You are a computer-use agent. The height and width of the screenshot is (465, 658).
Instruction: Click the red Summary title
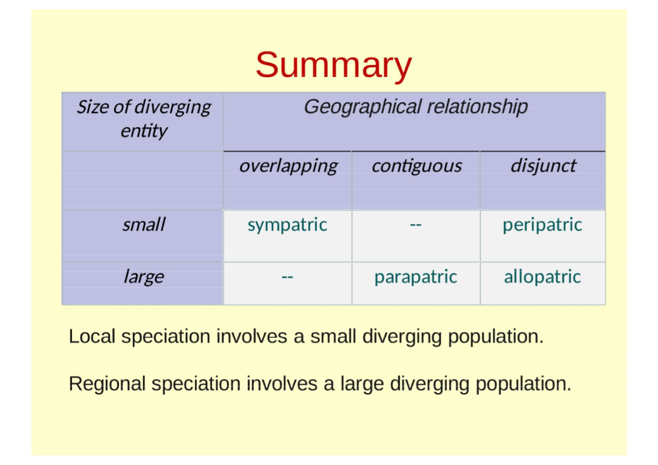pos(333,65)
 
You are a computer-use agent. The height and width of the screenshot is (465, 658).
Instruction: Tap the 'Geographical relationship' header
pos(415,107)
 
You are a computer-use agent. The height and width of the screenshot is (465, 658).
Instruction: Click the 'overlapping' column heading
pos(288,166)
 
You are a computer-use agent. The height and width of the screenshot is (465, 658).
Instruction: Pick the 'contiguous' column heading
pos(416,166)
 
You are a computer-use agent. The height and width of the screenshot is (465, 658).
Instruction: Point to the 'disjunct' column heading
pos(543,165)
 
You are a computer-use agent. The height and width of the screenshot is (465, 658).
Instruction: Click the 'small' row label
pos(144,224)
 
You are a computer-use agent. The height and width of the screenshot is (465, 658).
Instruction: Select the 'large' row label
pos(144,276)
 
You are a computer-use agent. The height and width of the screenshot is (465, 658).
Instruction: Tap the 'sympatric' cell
pos(287,224)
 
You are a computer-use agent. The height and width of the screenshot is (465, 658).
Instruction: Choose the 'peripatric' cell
pos(542,224)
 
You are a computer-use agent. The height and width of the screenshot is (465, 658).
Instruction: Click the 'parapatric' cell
pos(415,276)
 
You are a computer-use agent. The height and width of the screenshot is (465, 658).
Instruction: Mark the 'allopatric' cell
pos(542,276)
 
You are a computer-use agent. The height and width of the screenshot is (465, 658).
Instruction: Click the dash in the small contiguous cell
pos(415,225)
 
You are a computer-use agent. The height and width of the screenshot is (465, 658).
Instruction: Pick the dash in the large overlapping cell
pos(287,277)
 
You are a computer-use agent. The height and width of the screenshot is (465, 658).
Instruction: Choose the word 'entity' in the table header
pos(144,131)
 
